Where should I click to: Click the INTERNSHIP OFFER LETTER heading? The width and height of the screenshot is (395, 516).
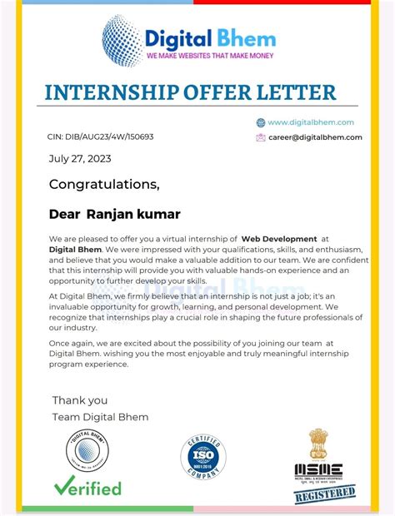pyautogui.click(x=190, y=92)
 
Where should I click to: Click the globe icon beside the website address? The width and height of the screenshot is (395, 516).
pyautogui.click(x=261, y=122)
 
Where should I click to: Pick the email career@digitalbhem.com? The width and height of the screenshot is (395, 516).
pyautogui.click(x=315, y=137)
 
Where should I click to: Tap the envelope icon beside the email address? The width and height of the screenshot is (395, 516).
pyautogui.click(x=261, y=137)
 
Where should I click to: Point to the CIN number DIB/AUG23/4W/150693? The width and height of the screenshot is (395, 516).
pyautogui.click(x=100, y=136)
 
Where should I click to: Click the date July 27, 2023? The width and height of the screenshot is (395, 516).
pyautogui.click(x=80, y=158)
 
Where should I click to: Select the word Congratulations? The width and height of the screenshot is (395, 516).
pyautogui.click(x=103, y=184)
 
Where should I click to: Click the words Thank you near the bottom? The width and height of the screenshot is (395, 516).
pyautogui.click(x=80, y=399)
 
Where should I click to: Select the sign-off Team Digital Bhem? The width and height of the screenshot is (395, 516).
pyautogui.click(x=100, y=416)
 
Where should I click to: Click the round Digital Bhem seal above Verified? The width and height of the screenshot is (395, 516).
pyautogui.click(x=87, y=452)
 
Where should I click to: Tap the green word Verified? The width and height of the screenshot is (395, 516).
pyautogui.click(x=87, y=487)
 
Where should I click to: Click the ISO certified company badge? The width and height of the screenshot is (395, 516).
pyautogui.click(x=203, y=456)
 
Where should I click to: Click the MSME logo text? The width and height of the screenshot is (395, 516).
pyautogui.click(x=317, y=470)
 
